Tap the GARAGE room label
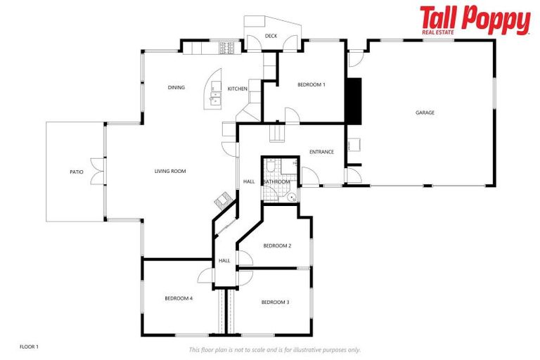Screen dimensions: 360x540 pos(425,112)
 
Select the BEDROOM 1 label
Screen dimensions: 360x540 pos(311,84)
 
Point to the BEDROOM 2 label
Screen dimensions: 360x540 pos(277,245)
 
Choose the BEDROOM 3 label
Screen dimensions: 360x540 pos(275,302)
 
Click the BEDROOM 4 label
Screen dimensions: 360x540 pos(179,298)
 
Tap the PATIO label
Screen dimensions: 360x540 pos(76,172)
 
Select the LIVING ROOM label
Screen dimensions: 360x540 pos(170,171)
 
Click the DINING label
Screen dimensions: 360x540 pos(176,88)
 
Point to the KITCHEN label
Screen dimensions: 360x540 pos(237,89)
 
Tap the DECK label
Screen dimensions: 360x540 pos(271,36)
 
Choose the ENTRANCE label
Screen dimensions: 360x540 pos(321,152)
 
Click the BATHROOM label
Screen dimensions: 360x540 pos(276,181)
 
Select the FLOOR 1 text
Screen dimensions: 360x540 pos(29,347)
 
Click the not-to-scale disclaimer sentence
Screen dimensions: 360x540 pos(274,349)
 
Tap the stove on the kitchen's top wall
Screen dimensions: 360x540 pos(226,48)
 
